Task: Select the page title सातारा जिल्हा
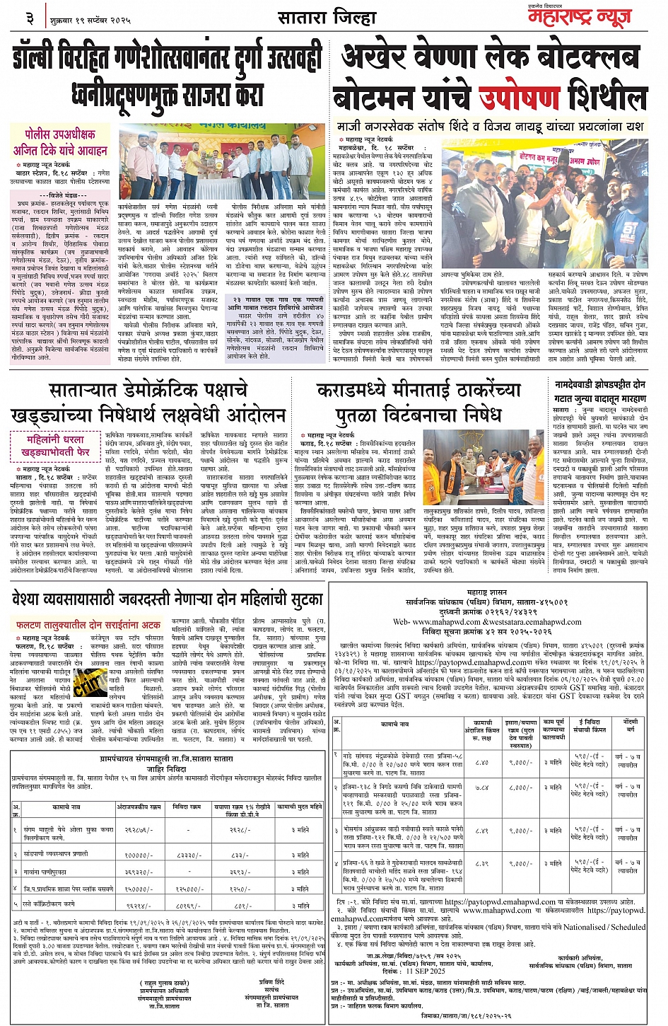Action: pos(327,18)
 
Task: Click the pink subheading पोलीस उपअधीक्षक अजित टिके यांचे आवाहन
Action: pos(60,142)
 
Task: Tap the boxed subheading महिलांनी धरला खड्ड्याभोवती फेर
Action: pos(55,445)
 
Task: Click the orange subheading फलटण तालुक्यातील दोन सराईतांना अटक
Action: pos(88,625)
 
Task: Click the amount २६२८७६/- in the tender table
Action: pos(138,830)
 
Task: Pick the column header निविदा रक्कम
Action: pos(187,807)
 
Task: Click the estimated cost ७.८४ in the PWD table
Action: pos(481,788)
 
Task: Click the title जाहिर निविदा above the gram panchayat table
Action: pos(167,768)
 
